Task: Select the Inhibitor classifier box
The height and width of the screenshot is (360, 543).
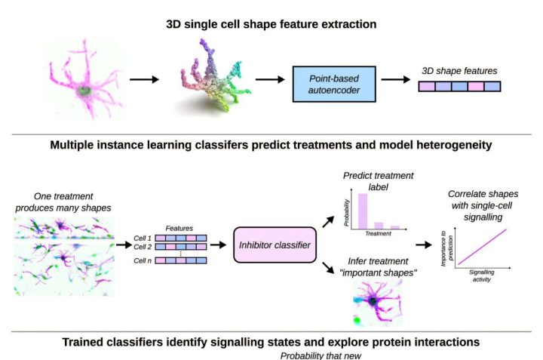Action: [271, 246]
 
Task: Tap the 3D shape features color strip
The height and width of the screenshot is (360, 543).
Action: [459, 86]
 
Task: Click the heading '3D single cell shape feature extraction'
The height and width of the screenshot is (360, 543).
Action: [271, 24]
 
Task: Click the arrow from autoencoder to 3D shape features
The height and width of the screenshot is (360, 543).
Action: [396, 78]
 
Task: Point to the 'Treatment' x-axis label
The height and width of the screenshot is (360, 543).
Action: [379, 234]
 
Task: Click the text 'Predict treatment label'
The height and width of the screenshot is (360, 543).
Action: [378, 181]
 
